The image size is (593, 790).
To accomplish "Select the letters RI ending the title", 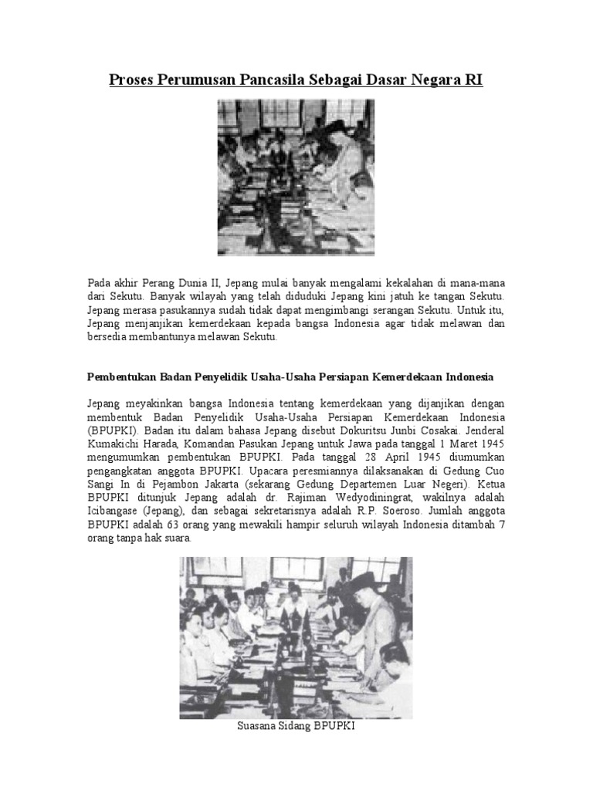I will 474,79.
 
